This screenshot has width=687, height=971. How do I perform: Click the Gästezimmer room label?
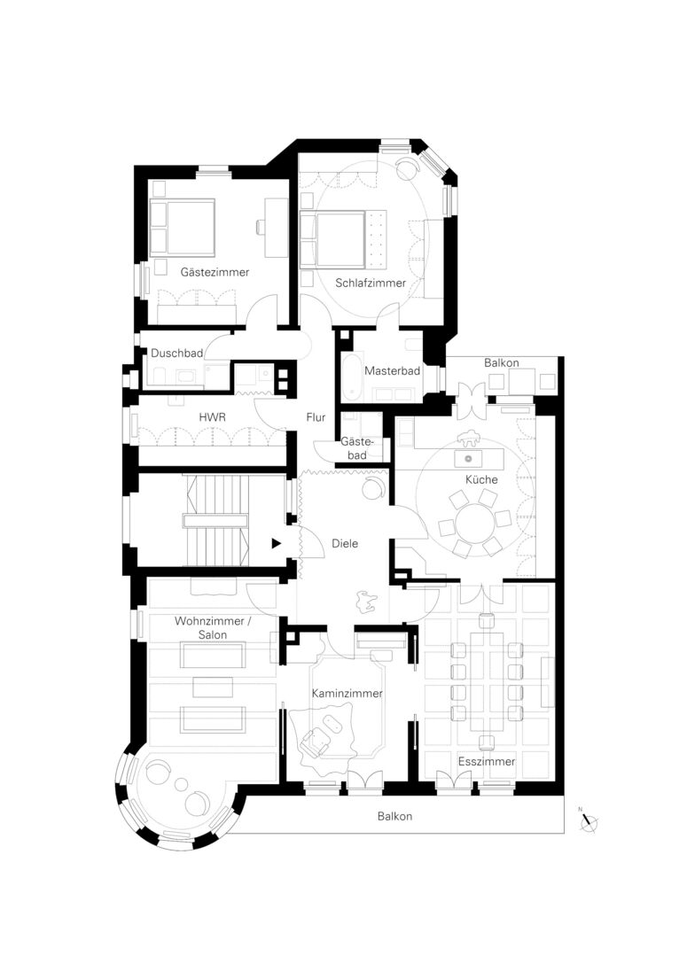215,273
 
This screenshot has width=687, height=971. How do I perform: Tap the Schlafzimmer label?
371,283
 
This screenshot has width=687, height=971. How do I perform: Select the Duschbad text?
176,353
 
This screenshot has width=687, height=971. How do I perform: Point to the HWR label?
212,417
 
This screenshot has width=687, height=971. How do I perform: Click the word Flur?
316,417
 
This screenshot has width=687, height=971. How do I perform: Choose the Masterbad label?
392,371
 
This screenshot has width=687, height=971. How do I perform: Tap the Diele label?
345,544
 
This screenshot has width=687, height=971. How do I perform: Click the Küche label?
481,480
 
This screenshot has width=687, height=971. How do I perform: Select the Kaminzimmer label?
347,694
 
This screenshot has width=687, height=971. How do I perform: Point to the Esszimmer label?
487,762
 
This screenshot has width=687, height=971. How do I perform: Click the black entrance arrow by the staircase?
277,544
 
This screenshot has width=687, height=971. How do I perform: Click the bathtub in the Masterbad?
351,377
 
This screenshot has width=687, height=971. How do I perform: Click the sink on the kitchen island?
469,459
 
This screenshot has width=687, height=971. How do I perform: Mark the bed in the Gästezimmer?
182,228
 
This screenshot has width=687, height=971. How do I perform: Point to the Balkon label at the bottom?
394,817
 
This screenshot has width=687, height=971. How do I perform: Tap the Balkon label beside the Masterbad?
502,363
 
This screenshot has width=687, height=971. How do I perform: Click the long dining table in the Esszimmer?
487,681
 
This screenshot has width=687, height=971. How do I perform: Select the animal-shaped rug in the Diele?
365,602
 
